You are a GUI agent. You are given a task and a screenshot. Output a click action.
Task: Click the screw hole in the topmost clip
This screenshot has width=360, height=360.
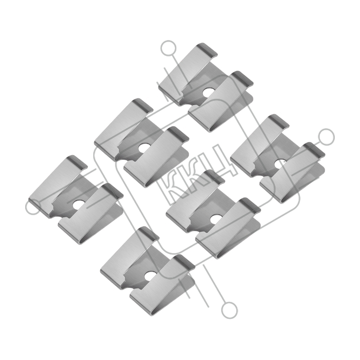coord(207,93)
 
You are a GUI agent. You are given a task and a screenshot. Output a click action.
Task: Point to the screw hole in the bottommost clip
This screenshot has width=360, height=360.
coord(149,276)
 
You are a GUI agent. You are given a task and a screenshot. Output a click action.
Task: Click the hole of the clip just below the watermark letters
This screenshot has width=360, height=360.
coord(214,220)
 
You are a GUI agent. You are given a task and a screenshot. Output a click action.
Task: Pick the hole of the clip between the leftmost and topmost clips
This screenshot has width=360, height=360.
coord(143,148)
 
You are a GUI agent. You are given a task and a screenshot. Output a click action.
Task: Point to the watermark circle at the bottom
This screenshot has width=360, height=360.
coord(229,310)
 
